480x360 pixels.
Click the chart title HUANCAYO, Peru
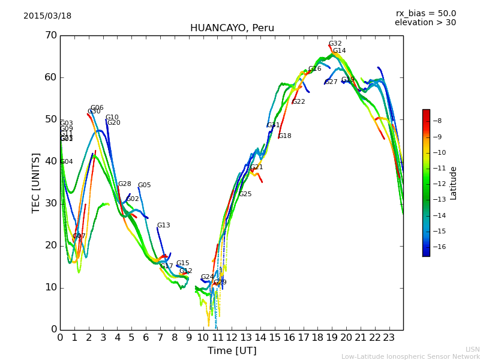tap(232, 28)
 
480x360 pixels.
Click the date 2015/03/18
tap(47, 16)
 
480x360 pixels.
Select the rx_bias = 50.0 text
tap(425, 13)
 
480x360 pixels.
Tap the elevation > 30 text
tap(425, 23)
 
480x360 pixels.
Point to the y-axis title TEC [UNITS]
tap(36, 182)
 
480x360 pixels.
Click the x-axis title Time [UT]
tap(232, 351)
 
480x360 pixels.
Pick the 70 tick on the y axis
tap(50, 35)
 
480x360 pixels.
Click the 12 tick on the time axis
tap(232, 338)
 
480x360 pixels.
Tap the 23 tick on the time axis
tap(389, 338)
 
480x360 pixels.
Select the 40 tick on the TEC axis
tap(50, 161)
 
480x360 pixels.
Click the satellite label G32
tap(335, 44)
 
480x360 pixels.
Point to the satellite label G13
tap(163, 226)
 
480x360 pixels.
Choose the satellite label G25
tap(245, 194)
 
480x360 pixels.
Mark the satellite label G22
tap(298, 102)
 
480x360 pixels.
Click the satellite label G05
tap(144, 185)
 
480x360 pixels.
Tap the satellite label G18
tap(284, 136)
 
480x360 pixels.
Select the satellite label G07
tap(79, 236)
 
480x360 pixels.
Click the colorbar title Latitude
tap(454, 183)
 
